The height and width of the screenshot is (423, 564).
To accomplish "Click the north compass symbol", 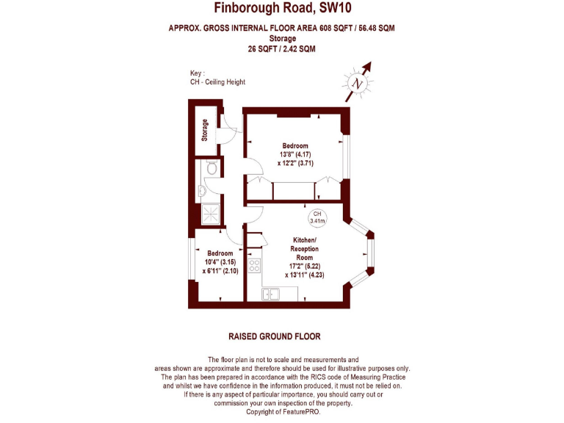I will (358, 82).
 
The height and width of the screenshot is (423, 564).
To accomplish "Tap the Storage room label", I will (205, 130).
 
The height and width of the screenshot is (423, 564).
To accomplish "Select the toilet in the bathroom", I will (211, 169).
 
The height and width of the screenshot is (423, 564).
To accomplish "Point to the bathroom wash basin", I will (201, 191).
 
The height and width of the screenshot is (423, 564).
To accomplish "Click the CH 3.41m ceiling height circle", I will (317, 217).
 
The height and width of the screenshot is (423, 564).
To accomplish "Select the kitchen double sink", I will (272, 294).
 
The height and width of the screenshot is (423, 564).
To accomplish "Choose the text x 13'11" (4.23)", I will (304, 275).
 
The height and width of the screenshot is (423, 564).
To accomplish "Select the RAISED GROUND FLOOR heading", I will (274, 336).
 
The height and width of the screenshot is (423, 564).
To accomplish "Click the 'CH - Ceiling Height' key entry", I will (217, 82).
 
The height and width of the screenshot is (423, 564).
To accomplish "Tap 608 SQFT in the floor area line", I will (334, 29).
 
